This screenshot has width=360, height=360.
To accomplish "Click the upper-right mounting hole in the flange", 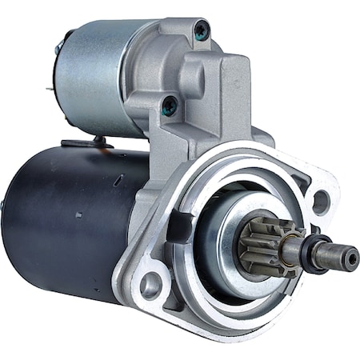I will point(320,202).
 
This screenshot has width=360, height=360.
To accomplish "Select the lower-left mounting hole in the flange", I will point(151,284).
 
